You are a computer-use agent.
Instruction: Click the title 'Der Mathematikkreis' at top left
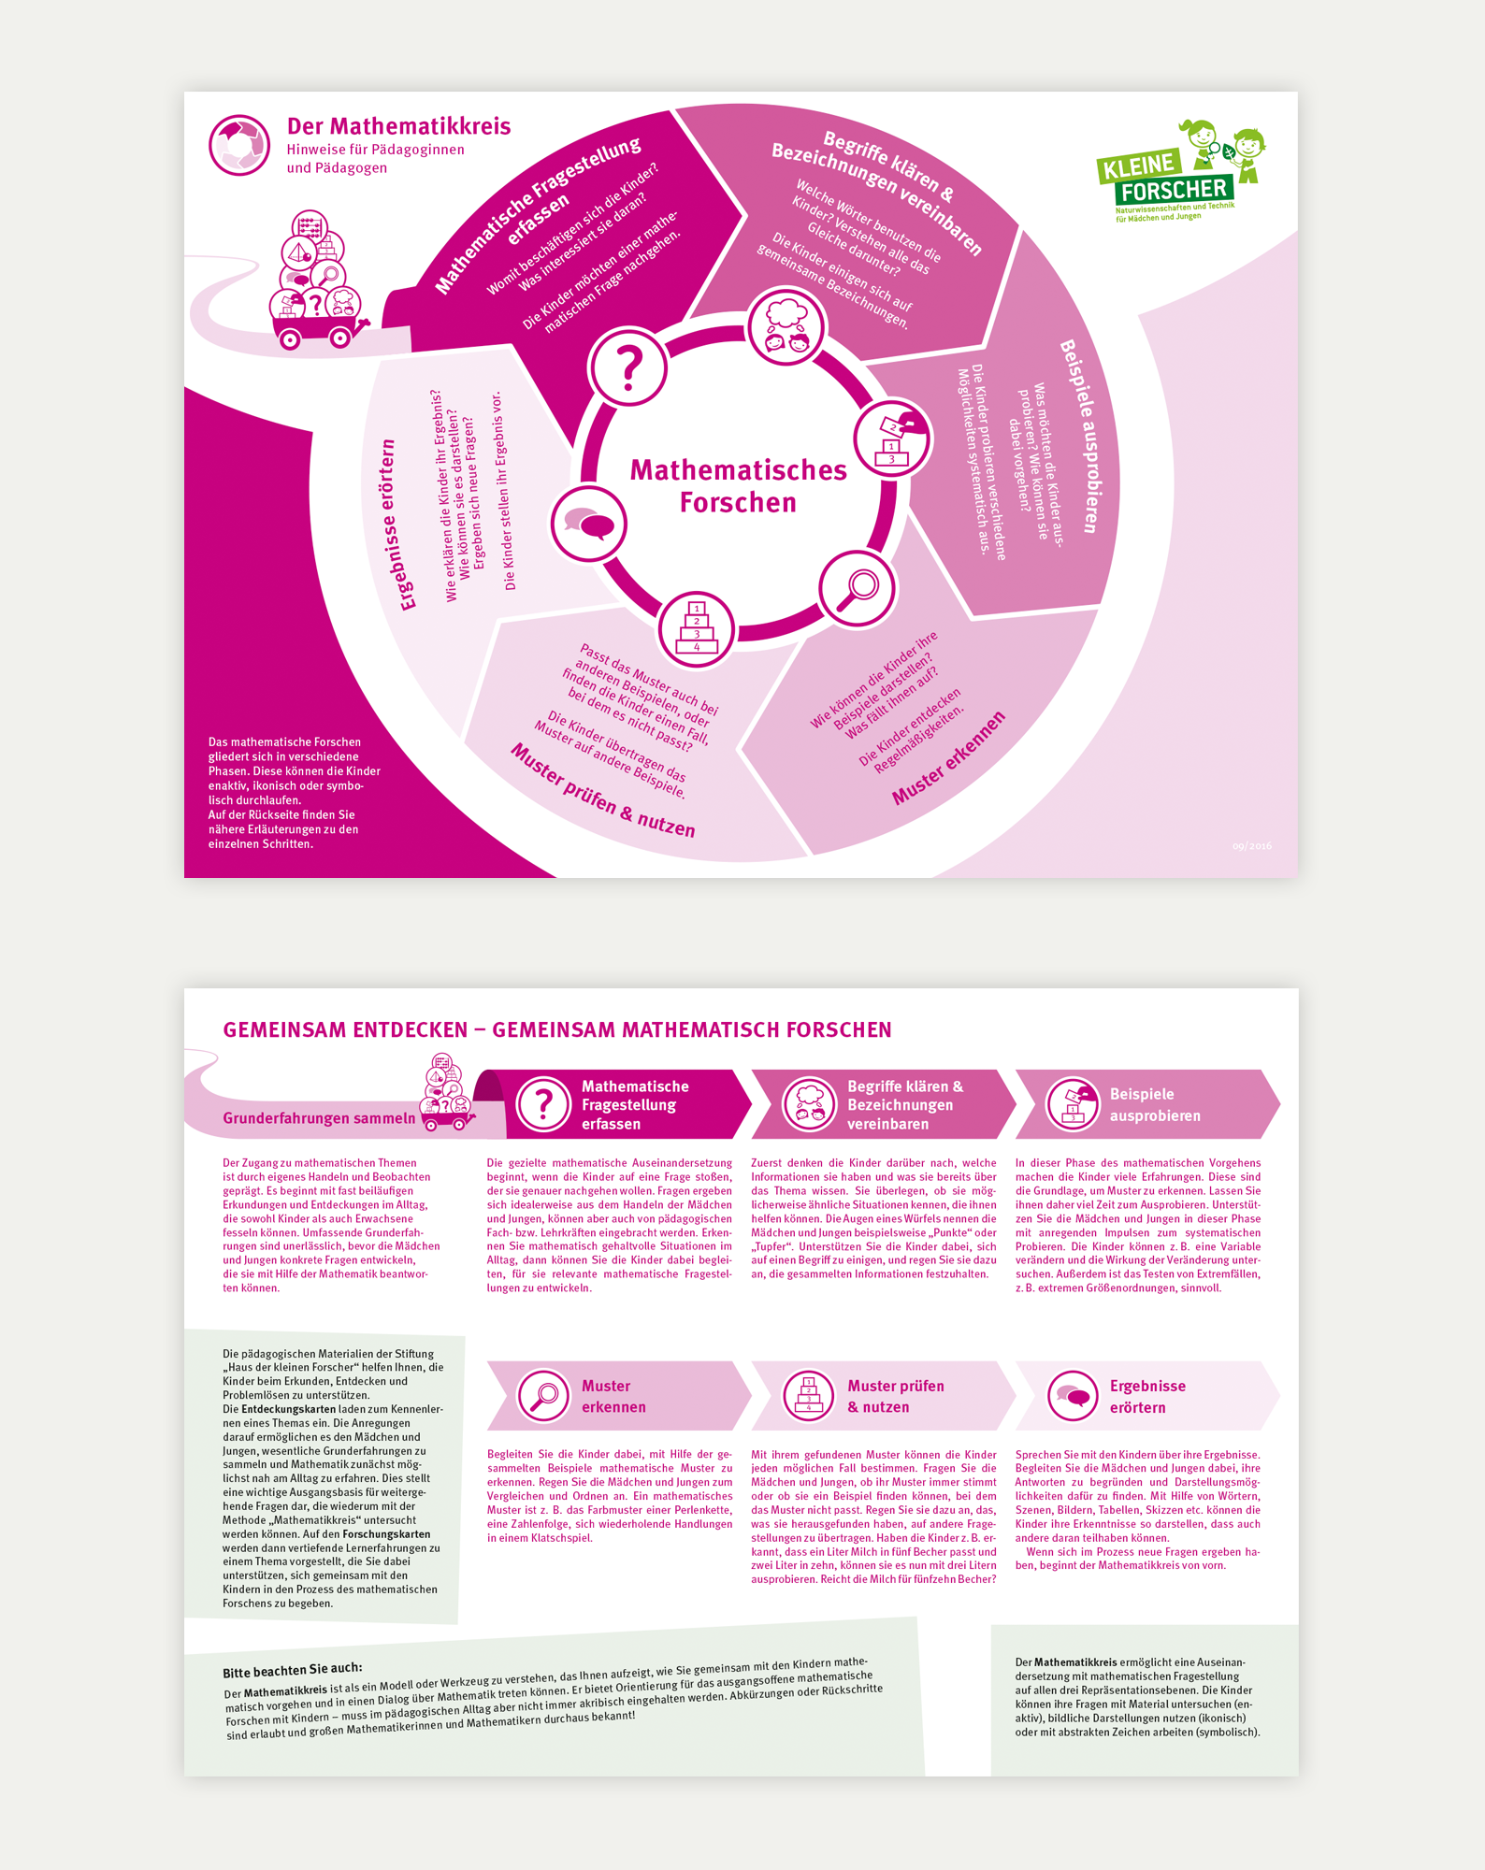tap(398, 126)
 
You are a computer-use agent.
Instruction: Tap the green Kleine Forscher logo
tap(1180, 174)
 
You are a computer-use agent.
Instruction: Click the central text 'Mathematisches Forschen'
tap(738, 485)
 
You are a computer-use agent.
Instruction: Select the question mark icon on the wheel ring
tap(629, 367)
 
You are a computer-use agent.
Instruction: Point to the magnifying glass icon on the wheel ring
tap(857, 588)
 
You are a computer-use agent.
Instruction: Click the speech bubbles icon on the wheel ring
tap(588, 524)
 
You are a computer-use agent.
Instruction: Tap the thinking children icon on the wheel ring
tap(786, 327)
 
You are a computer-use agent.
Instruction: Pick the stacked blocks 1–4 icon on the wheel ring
tap(696, 628)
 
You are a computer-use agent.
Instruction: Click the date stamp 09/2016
tap(1251, 846)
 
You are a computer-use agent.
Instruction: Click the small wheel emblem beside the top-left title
tap(239, 145)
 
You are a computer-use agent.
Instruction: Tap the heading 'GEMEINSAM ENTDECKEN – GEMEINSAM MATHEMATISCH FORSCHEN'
tap(556, 1029)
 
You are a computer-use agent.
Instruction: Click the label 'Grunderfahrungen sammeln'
tap(319, 1118)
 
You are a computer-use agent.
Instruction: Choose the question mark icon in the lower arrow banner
tap(543, 1104)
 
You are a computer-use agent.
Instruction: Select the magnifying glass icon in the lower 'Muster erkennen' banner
tap(543, 1396)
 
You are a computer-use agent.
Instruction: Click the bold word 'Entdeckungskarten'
tap(287, 1409)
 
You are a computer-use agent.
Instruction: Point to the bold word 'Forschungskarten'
tap(386, 1533)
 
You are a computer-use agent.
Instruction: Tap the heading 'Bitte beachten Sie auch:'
tap(292, 1669)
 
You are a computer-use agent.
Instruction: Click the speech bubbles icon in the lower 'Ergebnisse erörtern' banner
tap(1072, 1396)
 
